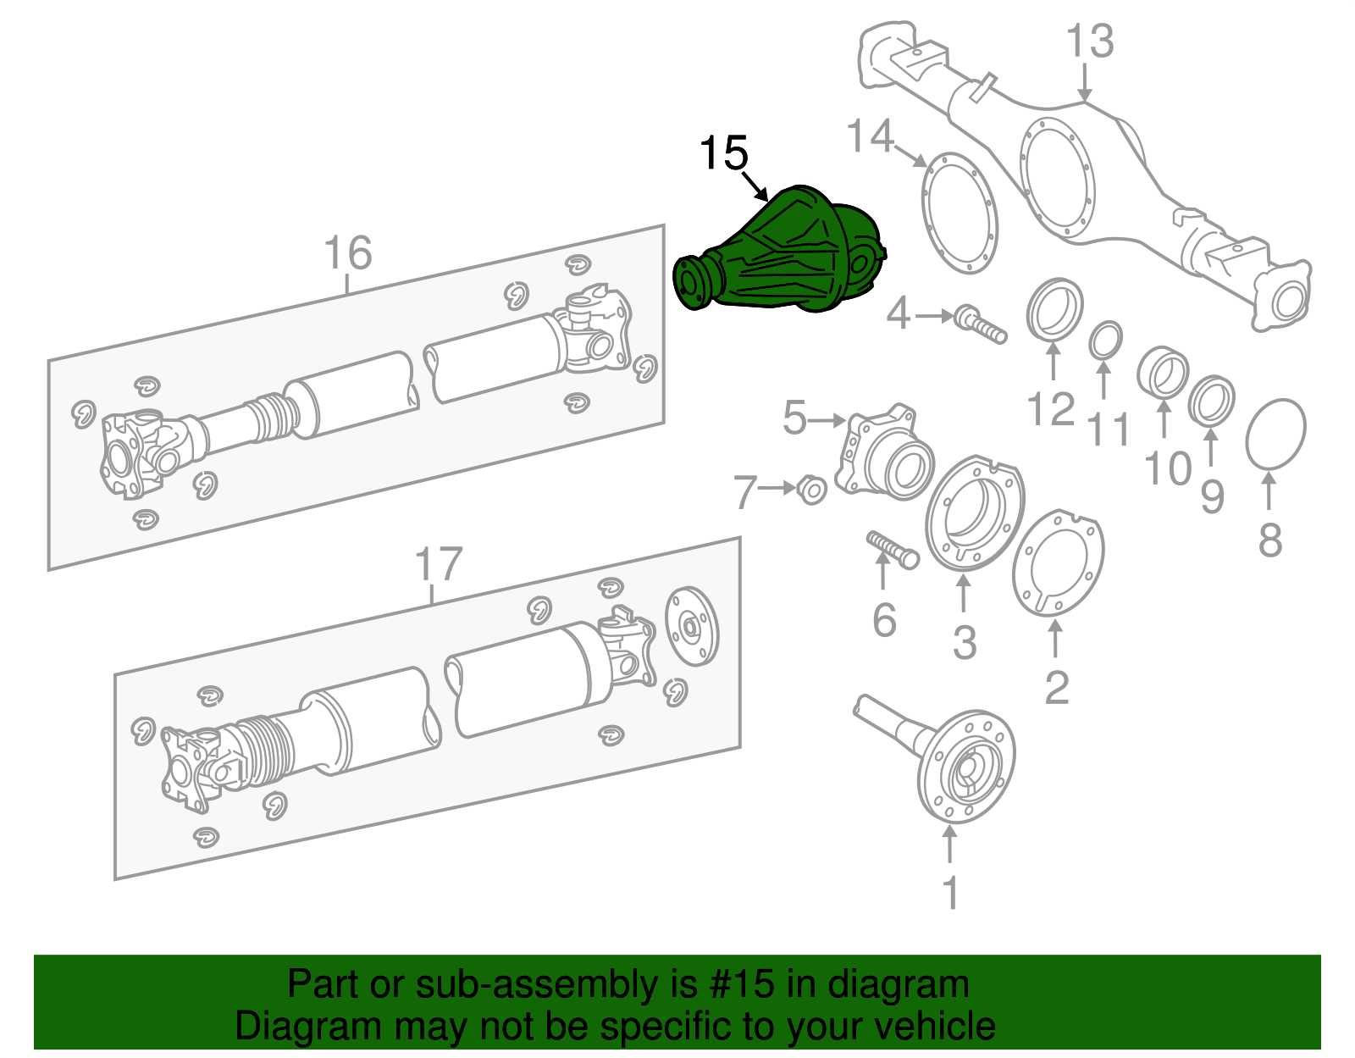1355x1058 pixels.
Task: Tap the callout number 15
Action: (x=724, y=153)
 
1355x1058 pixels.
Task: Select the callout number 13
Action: (x=1089, y=42)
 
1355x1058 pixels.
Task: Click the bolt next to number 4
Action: (x=981, y=324)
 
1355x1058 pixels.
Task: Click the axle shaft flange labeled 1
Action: (x=966, y=767)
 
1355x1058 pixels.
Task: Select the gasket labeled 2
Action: (x=1059, y=563)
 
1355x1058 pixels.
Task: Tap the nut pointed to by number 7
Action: (x=812, y=490)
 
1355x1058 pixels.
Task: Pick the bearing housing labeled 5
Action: (x=881, y=453)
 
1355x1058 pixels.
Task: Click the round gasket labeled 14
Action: (x=960, y=213)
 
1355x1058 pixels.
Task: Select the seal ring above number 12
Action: (x=1054, y=308)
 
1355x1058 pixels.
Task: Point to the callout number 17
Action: (x=439, y=564)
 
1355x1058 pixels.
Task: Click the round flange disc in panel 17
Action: (x=692, y=627)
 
